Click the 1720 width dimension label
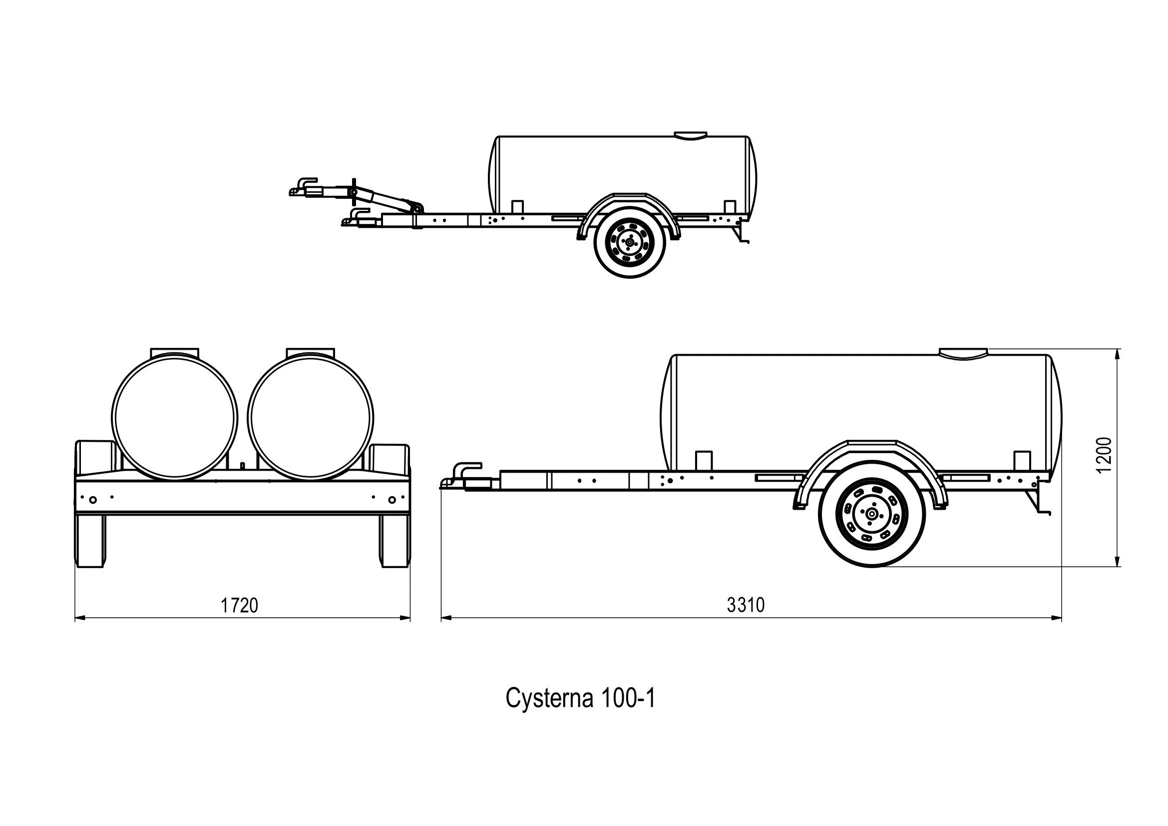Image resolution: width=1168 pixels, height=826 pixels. [239, 605]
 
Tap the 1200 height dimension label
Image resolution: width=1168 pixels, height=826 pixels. [1105, 455]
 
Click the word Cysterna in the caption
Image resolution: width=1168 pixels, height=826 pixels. [549, 699]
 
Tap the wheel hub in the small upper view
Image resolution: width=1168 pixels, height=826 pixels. [630, 244]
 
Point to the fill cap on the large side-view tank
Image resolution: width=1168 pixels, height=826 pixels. [962, 353]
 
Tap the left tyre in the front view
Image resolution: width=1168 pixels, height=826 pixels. [90, 541]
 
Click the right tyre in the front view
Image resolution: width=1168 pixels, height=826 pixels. [395, 541]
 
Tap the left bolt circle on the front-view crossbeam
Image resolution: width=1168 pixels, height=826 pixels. [92, 500]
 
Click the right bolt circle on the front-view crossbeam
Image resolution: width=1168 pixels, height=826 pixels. [391, 500]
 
